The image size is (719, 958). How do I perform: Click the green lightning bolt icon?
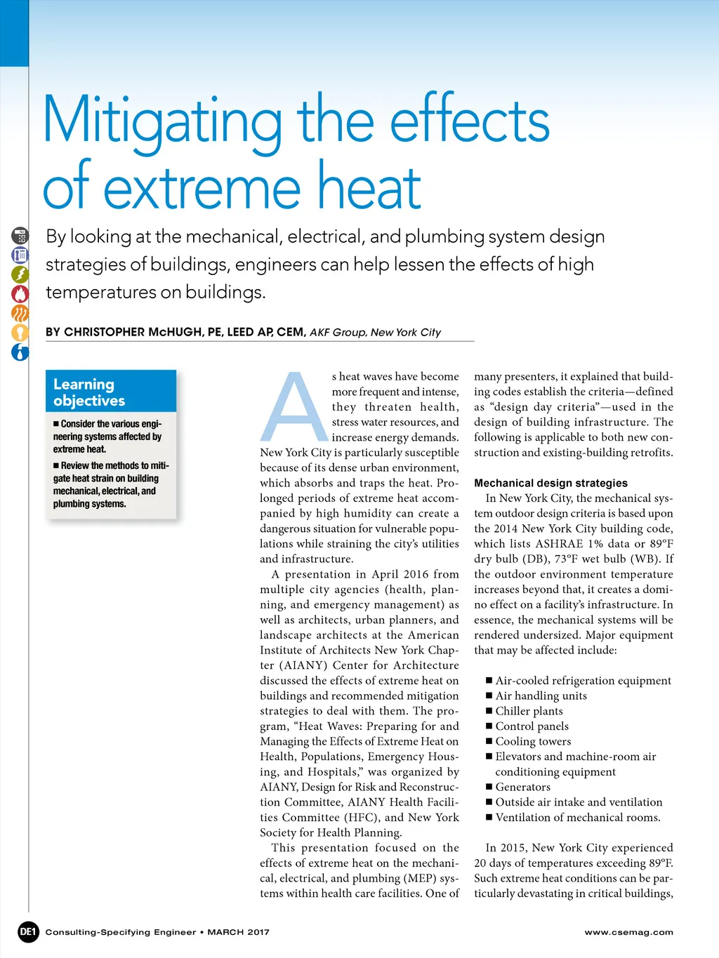(x=20, y=274)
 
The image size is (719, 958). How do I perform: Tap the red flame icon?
(x=20, y=293)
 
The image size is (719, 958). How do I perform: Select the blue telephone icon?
(x=20, y=255)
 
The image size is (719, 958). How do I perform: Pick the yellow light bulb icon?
(x=20, y=333)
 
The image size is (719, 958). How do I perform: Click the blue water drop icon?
(x=20, y=352)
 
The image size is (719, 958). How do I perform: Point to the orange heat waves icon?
(x=20, y=313)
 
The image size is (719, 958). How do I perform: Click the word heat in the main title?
(x=369, y=187)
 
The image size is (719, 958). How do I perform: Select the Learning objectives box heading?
(x=89, y=392)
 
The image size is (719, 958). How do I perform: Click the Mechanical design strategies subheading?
(x=550, y=483)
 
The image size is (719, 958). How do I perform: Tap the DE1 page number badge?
(x=28, y=932)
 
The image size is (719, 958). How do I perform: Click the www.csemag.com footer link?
(x=628, y=932)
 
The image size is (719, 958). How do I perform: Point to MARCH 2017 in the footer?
(x=238, y=932)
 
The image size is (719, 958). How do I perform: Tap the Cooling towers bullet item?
(x=533, y=741)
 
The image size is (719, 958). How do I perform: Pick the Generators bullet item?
(x=522, y=787)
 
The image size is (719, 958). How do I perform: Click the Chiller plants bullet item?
(x=529, y=711)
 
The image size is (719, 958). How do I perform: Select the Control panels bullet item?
(x=532, y=726)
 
